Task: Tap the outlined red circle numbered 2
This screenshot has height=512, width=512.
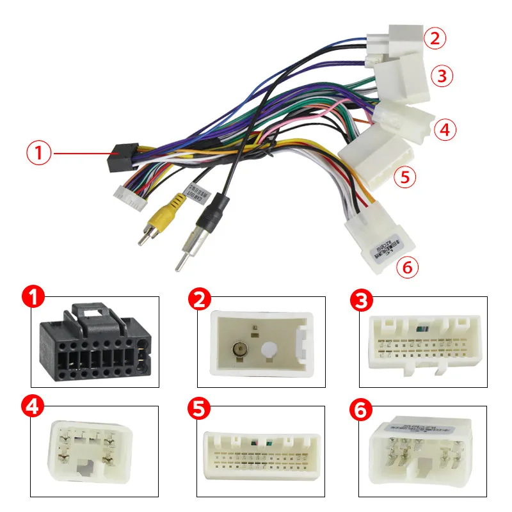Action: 435,38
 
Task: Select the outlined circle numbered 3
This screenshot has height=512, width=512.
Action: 441,76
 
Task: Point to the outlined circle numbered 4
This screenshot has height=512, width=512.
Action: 445,130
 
